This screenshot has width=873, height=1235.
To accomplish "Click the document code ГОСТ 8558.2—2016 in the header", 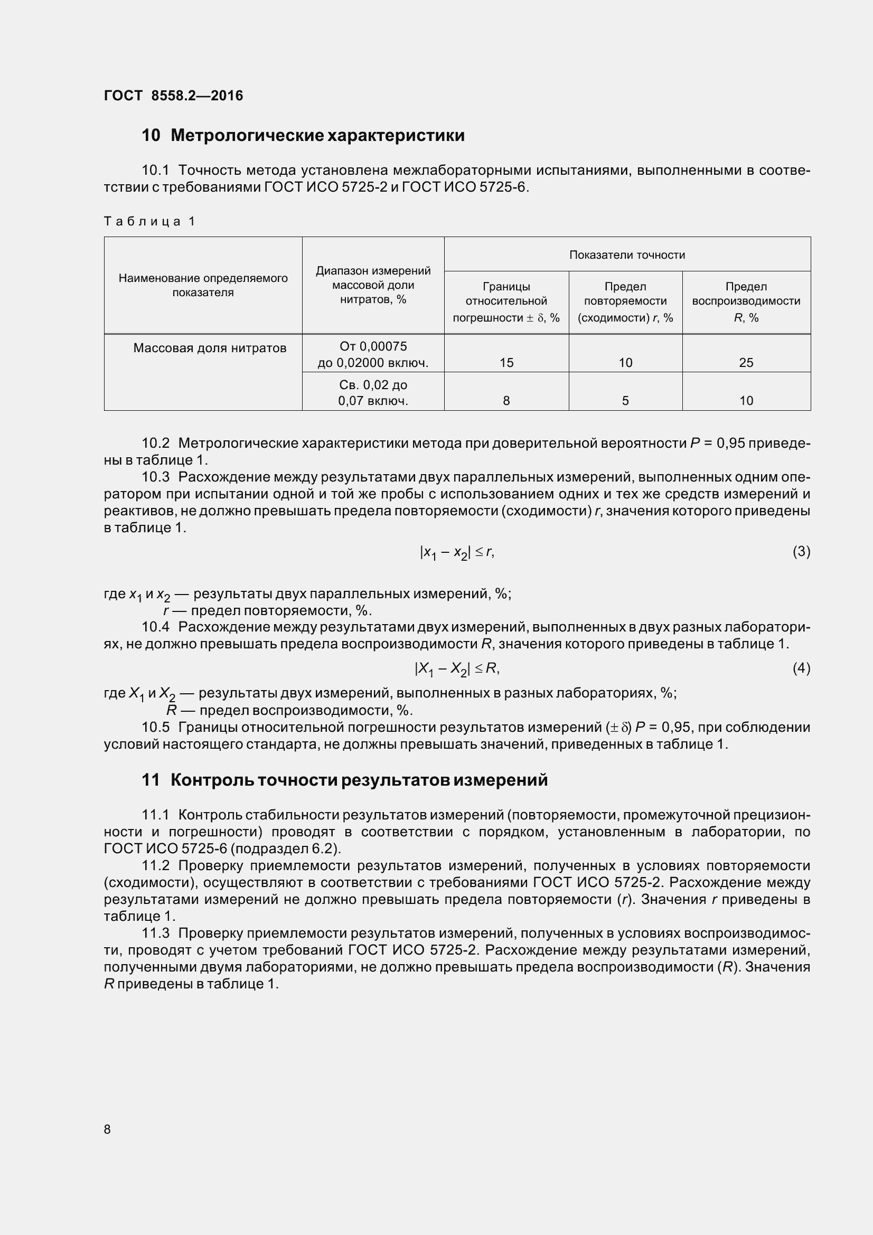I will point(173,96).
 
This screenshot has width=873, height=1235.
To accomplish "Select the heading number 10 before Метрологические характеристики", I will point(151,136).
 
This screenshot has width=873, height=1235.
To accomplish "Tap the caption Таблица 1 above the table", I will point(149,221).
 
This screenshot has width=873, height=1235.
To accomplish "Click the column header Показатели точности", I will point(627,255).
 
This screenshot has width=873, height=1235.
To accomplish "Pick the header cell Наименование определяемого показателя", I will point(203,285).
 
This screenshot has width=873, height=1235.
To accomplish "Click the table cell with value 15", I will point(506,363).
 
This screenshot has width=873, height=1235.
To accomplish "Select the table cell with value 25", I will point(746,363).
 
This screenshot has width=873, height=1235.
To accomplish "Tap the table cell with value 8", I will point(506,401).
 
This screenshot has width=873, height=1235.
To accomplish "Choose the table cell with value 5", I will point(625,401).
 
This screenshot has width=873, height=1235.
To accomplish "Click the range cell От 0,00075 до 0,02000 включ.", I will point(373,354).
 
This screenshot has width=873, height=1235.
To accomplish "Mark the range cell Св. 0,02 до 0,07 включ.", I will point(373,393).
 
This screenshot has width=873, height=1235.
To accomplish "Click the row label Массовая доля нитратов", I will point(210,348).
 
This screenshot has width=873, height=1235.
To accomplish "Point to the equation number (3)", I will point(801,551).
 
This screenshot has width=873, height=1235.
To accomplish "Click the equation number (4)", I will point(801,668).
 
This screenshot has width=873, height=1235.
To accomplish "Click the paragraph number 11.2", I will point(155,865).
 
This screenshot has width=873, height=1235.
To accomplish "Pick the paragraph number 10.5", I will point(155,727).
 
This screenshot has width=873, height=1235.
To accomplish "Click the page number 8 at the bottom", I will point(107,1129).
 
